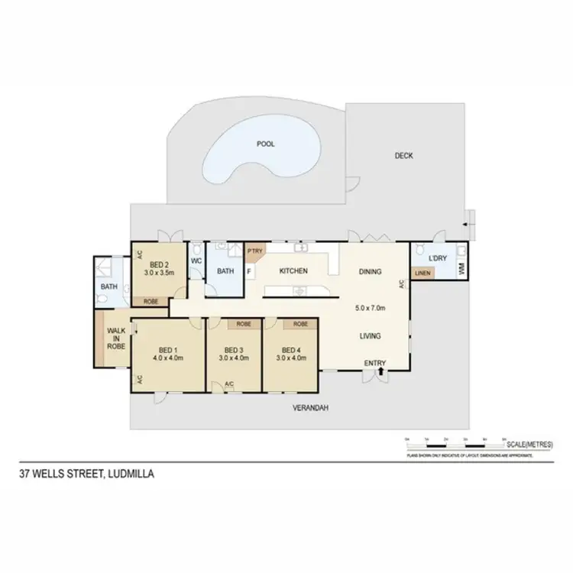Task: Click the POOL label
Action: (266, 144)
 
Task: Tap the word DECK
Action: (403, 156)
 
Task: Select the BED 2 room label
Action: (160, 262)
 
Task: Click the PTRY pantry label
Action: (253, 250)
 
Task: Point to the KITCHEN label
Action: (293, 271)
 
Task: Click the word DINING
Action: (371, 271)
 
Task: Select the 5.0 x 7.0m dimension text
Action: (371, 309)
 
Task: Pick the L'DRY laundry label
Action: (437, 257)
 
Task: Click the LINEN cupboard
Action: (421, 273)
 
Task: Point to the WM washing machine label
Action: (461, 269)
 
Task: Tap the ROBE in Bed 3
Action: (244, 324)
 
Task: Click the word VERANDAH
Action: (310, 409)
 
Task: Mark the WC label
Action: (196, 261)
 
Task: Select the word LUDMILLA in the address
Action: (132, 474)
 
